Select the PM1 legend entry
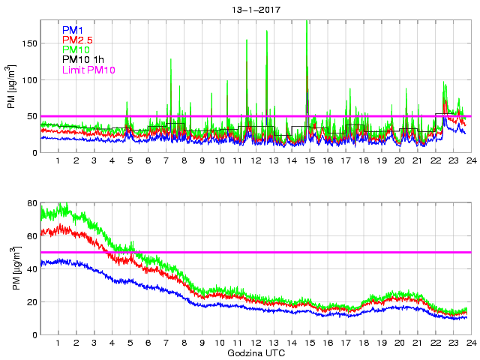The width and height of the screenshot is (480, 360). pyautogui.click(x=73, y=30)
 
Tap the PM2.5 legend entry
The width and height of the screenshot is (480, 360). pyautogui.click(x=77, y=40)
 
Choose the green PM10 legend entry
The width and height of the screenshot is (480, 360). pyautogui.click(x=76, y=49)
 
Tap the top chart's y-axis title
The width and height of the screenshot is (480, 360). pyautogui.click(x=10, y=87)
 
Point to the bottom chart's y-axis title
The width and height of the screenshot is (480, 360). pyautogui.click(x=10, y=268)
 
